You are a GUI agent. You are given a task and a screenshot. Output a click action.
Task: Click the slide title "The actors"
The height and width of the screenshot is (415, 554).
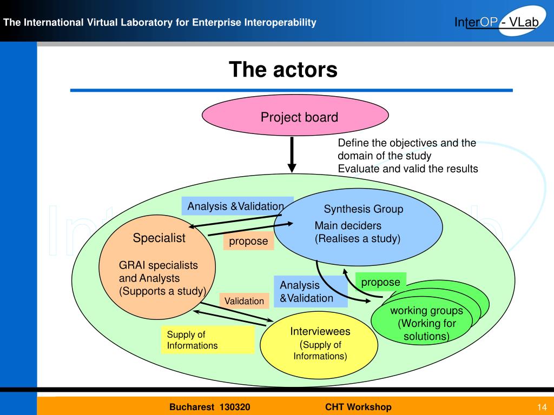tap(283, 69)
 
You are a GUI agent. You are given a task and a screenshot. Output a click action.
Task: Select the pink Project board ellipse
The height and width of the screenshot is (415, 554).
tap(295, 116)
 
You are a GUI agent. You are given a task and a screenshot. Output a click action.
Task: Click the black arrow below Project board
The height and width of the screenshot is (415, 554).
tap(292, 155)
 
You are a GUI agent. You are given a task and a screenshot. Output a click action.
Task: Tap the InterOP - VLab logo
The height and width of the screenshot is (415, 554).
tap(498, 22)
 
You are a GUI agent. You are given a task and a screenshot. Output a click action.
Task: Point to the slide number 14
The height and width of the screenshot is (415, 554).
tap(542, 407)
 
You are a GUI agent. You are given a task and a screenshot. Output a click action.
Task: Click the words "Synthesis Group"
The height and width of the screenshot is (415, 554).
tap(364, 209)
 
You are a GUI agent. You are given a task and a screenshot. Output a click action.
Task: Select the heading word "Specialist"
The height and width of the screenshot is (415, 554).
tap(159, 238)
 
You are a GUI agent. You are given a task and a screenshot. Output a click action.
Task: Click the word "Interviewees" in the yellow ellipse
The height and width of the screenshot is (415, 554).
tap(320, 331)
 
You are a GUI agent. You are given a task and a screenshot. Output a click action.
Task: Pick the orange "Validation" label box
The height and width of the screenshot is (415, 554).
tap(244, 301)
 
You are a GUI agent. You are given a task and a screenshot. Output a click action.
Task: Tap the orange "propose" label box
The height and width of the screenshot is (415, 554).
tap(248, 241)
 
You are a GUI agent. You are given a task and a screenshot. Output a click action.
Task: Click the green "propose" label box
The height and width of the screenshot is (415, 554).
tap(380, 282)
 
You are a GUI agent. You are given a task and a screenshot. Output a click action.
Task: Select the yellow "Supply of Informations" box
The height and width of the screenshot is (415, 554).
tap(207, 339)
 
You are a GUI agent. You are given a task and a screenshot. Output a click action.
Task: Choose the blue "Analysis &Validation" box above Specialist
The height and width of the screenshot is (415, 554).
tap(238, 206)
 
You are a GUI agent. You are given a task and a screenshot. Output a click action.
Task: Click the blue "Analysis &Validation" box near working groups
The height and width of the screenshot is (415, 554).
tap(311, 291)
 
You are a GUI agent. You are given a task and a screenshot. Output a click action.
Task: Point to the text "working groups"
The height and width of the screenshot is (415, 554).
tap(426, 311)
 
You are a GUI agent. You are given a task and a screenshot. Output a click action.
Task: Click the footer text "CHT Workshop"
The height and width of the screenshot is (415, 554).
tap(358, 407)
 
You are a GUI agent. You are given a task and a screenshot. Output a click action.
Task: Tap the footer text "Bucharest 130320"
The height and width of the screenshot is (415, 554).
tap(210, 407)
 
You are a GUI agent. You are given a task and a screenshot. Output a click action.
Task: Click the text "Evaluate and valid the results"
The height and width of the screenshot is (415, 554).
tap(408, 169)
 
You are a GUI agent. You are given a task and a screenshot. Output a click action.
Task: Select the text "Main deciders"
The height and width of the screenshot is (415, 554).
tap(348, 225)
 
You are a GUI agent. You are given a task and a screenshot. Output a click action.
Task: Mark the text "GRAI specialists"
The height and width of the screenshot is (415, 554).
tap(159, 265)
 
